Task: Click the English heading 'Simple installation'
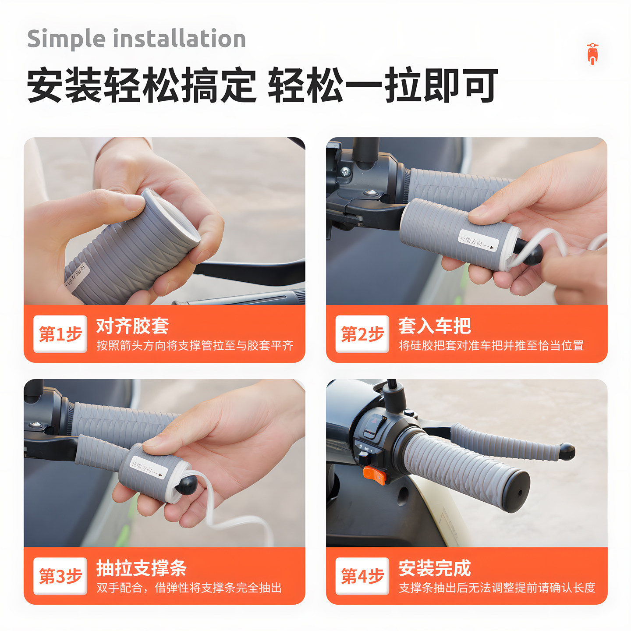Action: [136, 39]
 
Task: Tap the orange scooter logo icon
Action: [592, 54]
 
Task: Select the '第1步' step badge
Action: [60, 334]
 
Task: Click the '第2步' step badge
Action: [362, 334]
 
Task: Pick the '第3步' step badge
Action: [60, 576]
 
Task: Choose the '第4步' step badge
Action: [362, 576]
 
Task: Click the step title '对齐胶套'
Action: [132, 326]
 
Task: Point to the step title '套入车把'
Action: [434, 326]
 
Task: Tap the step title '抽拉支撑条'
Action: [142, 568]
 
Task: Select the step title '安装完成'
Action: [434, 568]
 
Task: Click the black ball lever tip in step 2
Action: [532, 254]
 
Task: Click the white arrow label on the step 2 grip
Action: [479, 241]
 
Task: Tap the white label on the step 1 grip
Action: [77, 277]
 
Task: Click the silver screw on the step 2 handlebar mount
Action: [345, 171]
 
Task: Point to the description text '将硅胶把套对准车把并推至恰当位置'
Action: [491, 346]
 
